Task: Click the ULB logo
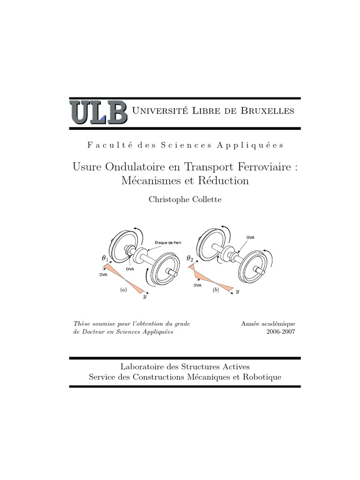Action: [x=98, y=112]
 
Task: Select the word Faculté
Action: [x=104, y=145]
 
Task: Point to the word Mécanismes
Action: [x=150, y=180]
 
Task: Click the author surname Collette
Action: [x=204, y=199]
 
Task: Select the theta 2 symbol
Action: [x=190, y=258]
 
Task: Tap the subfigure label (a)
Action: [x=124, y=290]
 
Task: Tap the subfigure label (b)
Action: [x=216, y=290]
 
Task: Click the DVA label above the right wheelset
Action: [x=251, y=238]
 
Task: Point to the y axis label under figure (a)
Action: [x=144, y=297]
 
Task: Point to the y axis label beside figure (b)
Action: [x=238, y=291]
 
